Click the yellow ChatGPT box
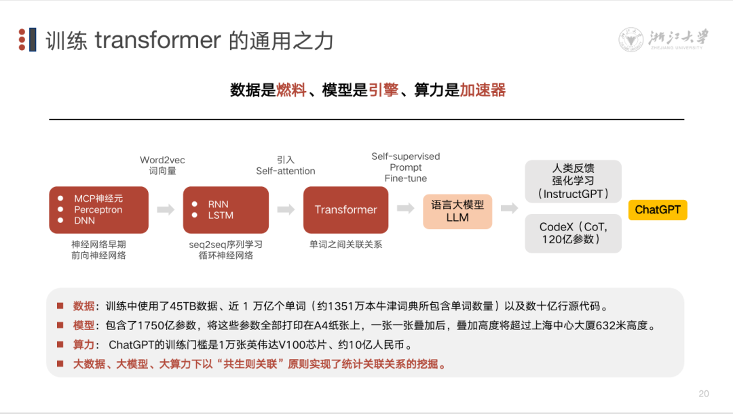(658, 210)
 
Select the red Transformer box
(345, 210)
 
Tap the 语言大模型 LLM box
(457, 211)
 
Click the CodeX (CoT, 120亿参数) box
(574, 233)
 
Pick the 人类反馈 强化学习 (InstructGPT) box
(574, 181)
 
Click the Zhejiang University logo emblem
(631, 40)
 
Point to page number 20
(704, 394)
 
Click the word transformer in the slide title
(157, 41)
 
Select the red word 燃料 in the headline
(291, 90)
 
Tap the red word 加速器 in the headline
(483, 90)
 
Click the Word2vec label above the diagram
(162, 160)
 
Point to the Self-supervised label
(405, 157)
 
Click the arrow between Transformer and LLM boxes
(406, 209)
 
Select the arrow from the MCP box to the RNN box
(166, 210)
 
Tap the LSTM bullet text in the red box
(221, 215)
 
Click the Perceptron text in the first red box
(98, 209)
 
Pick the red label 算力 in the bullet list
(84, 345)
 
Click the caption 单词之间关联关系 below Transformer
(345, 244)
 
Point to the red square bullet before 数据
(60, 306)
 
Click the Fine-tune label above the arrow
(405, 178)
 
